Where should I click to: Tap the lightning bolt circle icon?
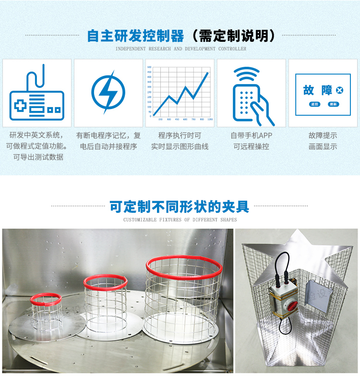coord(108,92)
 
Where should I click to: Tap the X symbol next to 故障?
coord(340,90)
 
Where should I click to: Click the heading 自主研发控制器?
coord(136,36)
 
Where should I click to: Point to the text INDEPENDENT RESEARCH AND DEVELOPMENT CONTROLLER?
coord(181,49)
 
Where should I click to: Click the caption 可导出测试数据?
coord(37,157)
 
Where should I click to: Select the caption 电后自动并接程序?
coord(108,146)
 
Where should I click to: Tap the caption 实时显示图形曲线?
coord(180,146)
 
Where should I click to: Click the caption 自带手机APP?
coord(251,136)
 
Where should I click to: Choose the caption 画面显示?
coord(323,146)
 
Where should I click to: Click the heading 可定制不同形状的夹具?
coord(180,207)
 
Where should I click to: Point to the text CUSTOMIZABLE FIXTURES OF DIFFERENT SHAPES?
coord(180,220)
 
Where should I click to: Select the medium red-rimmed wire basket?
coord(106,298)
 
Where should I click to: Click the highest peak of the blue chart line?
coord(208,73)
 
